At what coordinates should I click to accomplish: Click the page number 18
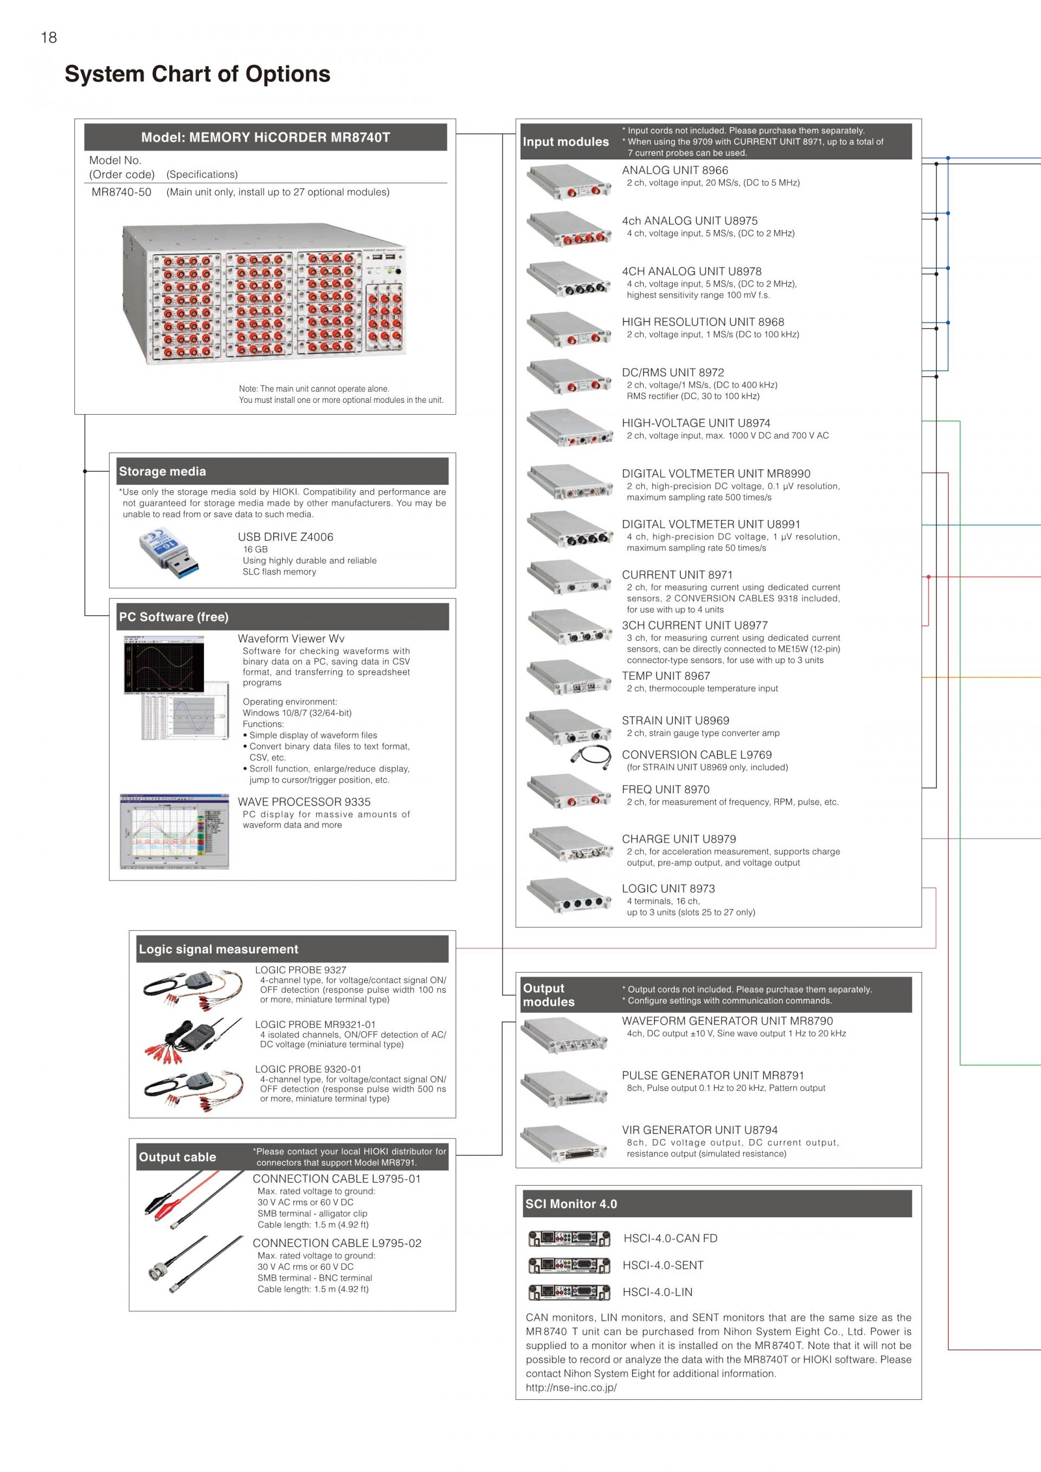click(x=49, y=38)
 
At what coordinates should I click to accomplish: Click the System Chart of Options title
click(x=197, y=74)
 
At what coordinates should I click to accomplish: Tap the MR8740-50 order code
click(x=121, y=192)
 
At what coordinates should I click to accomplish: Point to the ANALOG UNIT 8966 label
click(x=674, y=170)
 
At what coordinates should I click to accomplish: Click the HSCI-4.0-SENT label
click(x=663, y=1265)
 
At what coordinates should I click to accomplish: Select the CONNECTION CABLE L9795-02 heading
click(x=337, y=1243)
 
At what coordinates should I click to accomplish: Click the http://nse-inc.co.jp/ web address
click(x=570, y=1387)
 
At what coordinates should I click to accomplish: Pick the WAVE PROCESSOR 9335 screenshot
click(x=175, y=831)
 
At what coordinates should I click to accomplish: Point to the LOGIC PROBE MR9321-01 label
click(x=316, y=1025)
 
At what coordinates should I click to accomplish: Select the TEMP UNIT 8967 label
click(x=665, y=676)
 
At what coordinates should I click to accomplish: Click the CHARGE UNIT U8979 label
click(x=679, y=839)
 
